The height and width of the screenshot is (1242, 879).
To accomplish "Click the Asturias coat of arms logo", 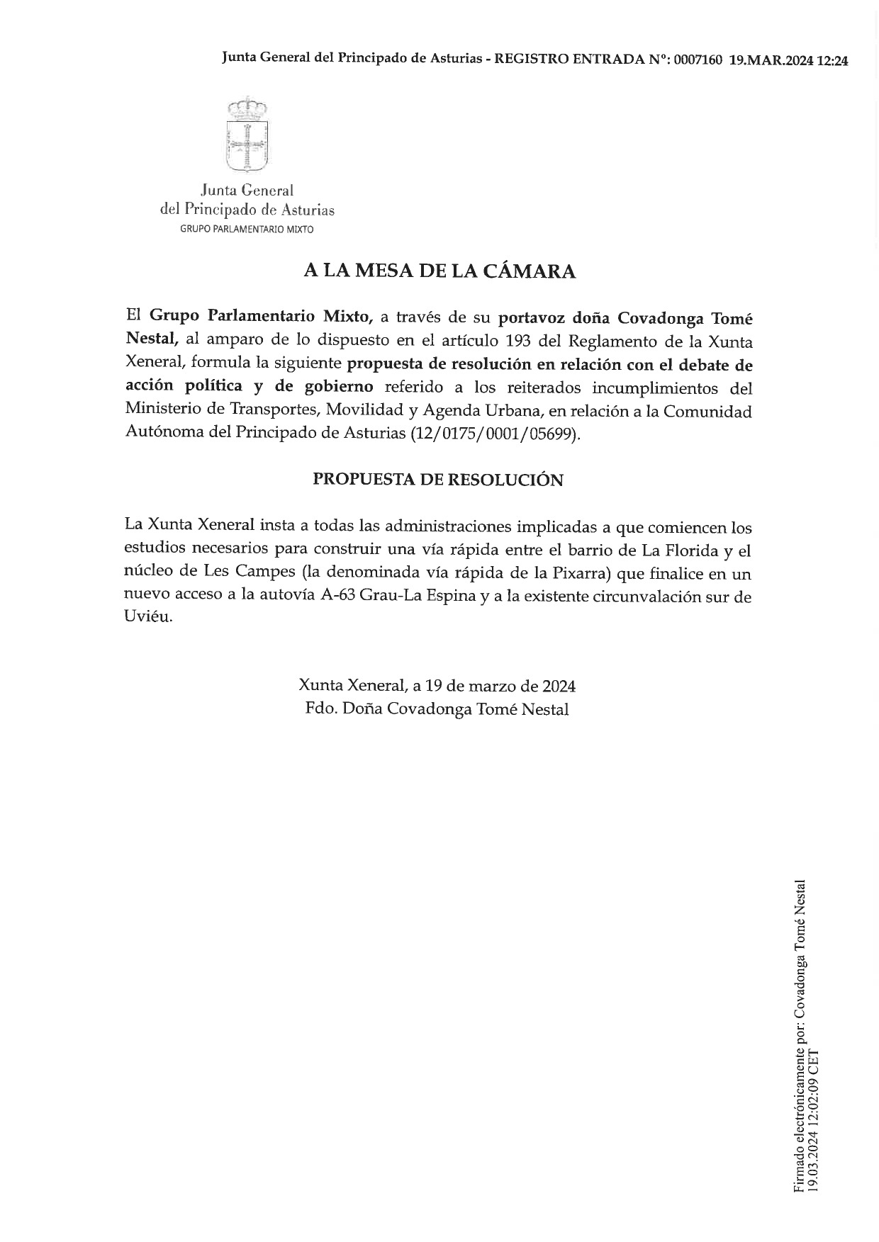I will pos(246,135).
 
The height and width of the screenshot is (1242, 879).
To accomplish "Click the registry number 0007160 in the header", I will pos(698,60).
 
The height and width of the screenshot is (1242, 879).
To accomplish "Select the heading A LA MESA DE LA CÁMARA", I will pos(439,271).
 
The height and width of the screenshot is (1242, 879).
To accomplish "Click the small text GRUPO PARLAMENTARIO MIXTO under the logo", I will pos(247,230).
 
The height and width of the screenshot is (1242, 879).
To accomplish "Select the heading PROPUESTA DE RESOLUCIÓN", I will pos(438,480).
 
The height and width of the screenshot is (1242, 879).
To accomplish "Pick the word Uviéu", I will pos(148,618).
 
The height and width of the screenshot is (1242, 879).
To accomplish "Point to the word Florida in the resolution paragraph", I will pos(681,551).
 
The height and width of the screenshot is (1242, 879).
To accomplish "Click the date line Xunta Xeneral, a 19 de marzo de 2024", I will pos(437,686).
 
